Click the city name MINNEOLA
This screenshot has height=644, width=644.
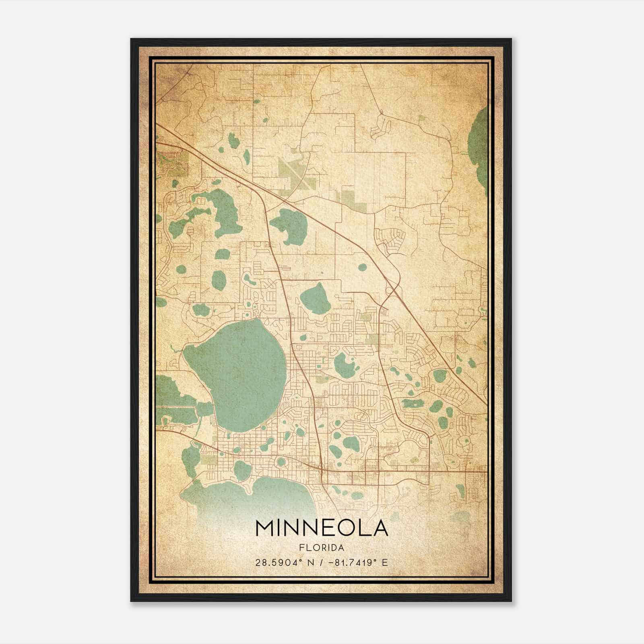(x=322, y=528)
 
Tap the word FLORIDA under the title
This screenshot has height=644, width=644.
(x=322, y=548)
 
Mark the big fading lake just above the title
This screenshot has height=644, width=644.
(x=250, y=495)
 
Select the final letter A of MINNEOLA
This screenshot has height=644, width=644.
(x=380, y=528)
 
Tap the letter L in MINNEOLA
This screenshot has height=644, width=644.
(x=363, y=528)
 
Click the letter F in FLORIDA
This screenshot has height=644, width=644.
(x=301, y=548)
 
